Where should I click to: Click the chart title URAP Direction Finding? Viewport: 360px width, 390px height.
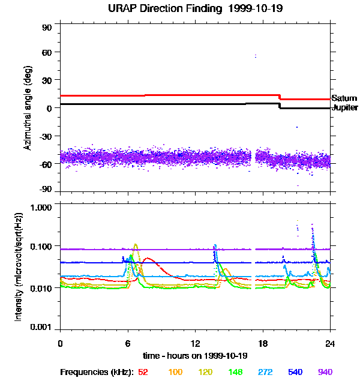(x=165, y=8)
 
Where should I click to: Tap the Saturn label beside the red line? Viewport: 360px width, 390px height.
(x=344, y=98)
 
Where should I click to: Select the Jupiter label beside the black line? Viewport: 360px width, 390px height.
(x=345, y=107)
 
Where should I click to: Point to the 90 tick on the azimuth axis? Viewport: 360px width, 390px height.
(x=47, y=28)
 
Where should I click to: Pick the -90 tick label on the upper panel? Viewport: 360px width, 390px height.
(x=45, y=189)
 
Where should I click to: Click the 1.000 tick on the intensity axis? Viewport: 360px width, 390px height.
(x=41, y=208)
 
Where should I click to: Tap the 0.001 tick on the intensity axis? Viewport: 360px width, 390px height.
(x=41, y=327)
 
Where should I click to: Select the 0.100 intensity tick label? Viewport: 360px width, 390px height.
(x=41, y=247)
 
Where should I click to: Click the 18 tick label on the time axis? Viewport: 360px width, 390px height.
(x=263, y=343)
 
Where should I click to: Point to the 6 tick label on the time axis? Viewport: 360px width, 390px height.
(x=128, y=343)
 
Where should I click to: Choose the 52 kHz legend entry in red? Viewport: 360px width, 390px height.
(x=143, y=372)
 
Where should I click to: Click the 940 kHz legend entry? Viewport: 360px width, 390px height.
(x=325, y=372)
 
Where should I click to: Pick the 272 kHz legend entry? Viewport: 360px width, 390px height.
(x=265, y=372)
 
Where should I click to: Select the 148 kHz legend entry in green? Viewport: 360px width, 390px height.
(x=235, y=372)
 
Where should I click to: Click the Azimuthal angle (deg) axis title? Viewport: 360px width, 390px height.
(x=28, y=108)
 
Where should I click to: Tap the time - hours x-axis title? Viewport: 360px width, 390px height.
(x=195, y=356)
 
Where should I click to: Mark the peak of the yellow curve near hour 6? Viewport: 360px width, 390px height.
(x=136, y=244)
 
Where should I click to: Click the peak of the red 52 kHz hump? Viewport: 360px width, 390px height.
(x=148, y=258)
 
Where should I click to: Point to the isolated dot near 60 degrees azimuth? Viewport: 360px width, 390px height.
(x=255, y=56)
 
